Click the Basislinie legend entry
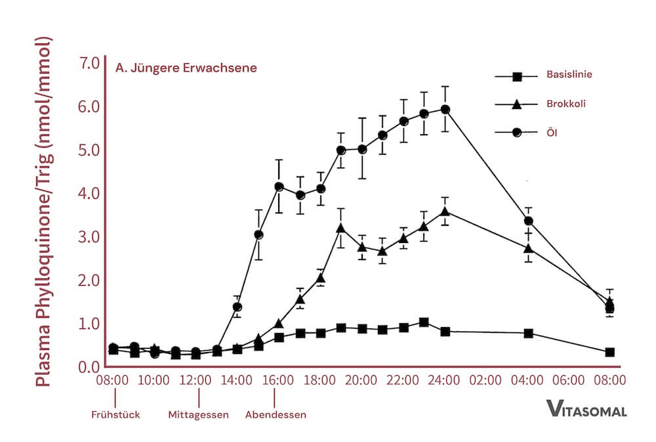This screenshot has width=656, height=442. (x=569, y=75)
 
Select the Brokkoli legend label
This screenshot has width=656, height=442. (x=566, y=104)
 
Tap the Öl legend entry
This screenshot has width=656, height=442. (x=552, y=132)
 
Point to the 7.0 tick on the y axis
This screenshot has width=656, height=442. (x=88, y=64)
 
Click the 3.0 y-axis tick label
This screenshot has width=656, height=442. (x=88, y=237)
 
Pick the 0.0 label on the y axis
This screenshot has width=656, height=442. (x=88, y=366)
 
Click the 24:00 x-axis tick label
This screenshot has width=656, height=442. (x=444, y=380)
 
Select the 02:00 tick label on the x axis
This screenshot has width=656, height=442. (x=486, y=380)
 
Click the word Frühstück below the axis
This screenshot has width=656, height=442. (x=115, y=415)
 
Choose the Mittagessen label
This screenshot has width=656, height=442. (x=198, y=415)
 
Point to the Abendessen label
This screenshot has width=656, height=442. (x=276, y=415)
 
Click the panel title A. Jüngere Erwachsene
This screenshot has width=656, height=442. (x=186, y=68)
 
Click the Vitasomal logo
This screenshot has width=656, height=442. (x=586, y=410)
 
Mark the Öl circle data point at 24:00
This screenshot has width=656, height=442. (x=445, y=110)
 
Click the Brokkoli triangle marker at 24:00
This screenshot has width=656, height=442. (x=445, y=211)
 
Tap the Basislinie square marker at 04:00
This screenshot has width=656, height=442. (x=528, y=334)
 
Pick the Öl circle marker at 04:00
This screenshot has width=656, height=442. (x=528, y=221)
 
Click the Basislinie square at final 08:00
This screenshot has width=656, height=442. (x=609, y=353)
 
